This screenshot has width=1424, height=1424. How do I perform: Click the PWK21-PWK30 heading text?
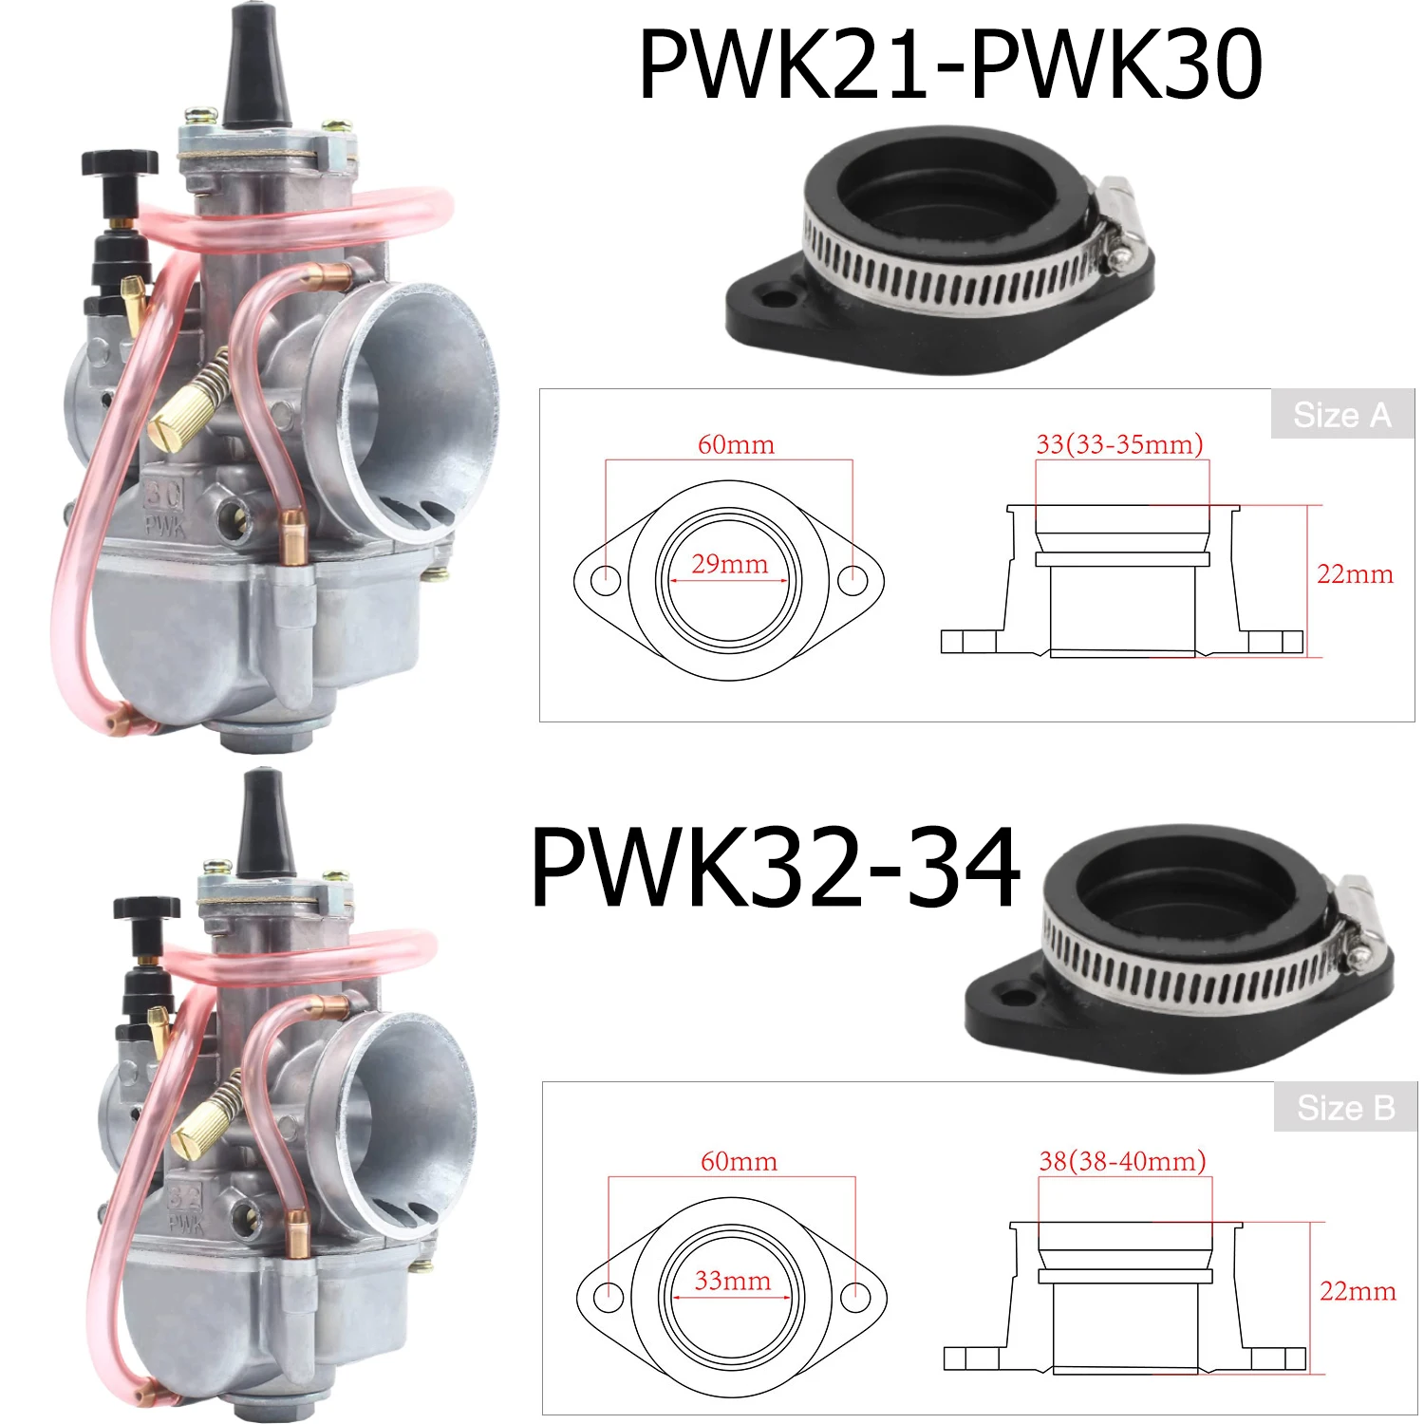pos(949,65)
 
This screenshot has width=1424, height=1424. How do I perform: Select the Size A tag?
pos(1341,415)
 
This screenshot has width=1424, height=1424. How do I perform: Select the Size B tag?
pos(1345,1108)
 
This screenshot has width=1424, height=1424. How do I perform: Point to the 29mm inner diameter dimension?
pos(729,565)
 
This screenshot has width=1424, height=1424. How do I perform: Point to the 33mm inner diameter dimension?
pos(732,1282)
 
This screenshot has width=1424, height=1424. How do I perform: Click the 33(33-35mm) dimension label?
pos(1119,444)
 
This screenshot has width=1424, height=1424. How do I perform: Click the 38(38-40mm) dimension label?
pos(1122,1161)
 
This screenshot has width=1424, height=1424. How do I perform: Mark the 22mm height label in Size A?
pos(1355,574)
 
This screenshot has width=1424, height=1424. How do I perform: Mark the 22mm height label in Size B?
pos(1358,1291)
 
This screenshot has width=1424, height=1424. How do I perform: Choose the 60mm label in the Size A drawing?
pos(736,444)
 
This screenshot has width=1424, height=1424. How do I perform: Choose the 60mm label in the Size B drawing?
pos(739,1161)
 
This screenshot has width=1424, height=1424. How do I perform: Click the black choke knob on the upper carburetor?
pos(119,163)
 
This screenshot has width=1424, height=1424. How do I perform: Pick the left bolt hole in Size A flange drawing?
pos(605,579)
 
